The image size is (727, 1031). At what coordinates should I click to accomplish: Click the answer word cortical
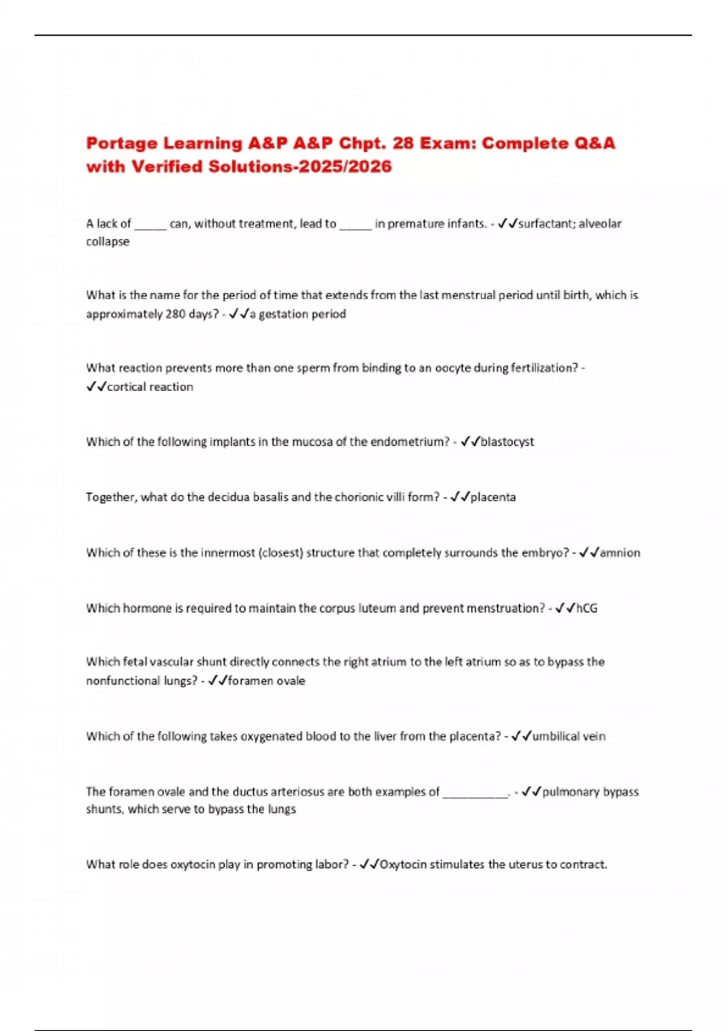click(x=126, y=387)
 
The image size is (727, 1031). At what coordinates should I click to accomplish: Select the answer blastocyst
click(x=507, y=442)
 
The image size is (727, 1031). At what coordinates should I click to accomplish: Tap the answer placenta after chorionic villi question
click(x=493, y=497)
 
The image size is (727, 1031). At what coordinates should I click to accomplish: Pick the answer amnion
click(x=620, y=553)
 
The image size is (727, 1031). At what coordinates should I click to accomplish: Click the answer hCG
click(x=586, y=608)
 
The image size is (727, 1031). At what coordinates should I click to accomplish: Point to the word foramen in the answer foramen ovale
click(x=250, y=681)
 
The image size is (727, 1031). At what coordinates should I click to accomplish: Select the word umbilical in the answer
click(x=556, y=736)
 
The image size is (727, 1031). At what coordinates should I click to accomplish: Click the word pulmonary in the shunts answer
click(x=571, y=792)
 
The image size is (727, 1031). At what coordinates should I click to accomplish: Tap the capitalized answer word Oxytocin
click(x=403, y=865)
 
